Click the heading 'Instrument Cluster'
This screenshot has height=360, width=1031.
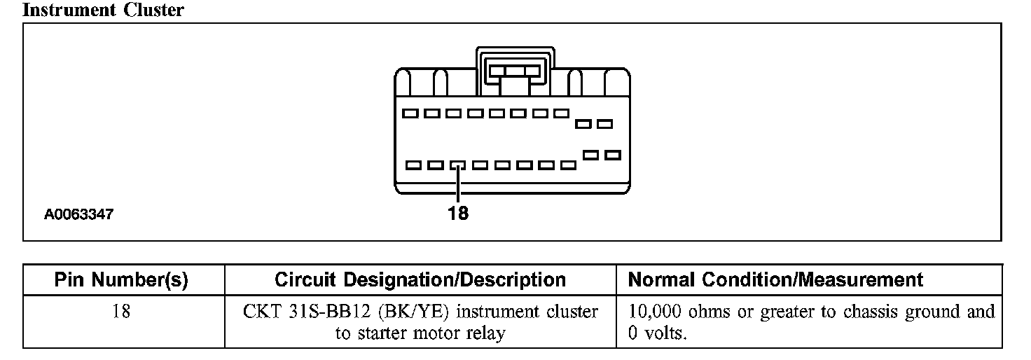[103, 10]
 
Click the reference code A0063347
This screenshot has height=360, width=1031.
[78, 215]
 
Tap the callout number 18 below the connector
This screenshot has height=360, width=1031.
[458, 213]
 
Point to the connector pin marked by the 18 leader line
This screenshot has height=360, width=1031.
[458, 166]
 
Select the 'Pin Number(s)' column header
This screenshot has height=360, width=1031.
[122, 281]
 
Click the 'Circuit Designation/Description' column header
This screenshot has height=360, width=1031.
[420, 281]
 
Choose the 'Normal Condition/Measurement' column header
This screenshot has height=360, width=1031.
[776, 281]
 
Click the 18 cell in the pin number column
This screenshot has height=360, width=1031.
[122, 312]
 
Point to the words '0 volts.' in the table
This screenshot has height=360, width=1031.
[658, 333]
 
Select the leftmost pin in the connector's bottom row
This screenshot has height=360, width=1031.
[414, 166]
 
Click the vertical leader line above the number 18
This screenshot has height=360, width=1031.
[458, 186]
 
